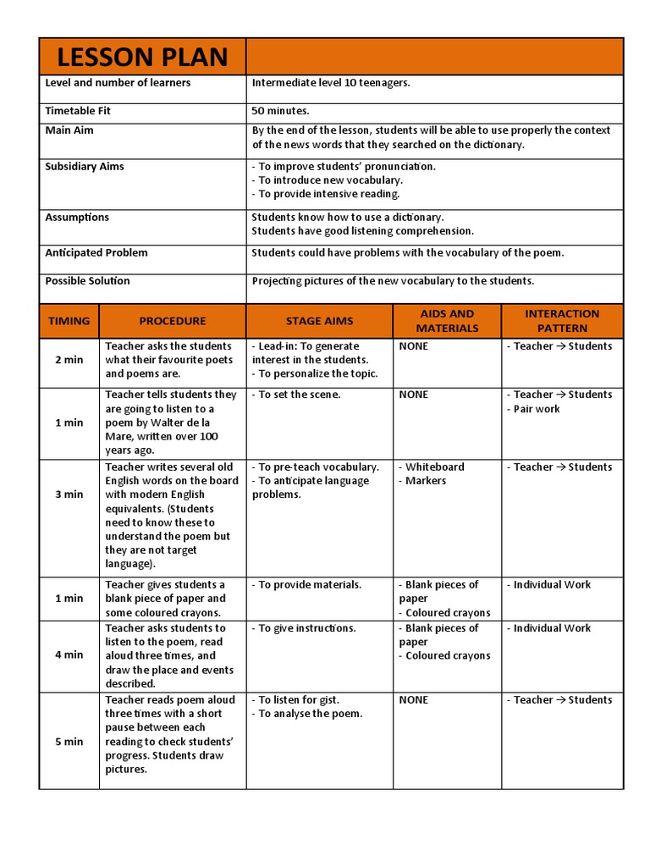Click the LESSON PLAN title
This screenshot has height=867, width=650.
142,57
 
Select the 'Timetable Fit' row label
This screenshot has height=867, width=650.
78,111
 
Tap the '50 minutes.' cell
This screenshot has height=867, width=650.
280,111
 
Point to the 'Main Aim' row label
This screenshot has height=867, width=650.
69,130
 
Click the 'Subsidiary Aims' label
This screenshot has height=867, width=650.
85,166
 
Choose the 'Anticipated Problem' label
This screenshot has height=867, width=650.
96,252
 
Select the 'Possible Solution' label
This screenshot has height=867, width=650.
87,280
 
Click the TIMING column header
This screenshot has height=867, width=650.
69,321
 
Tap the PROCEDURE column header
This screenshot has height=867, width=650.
173,321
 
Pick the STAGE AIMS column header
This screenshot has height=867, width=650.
319,321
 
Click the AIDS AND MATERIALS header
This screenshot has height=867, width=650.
447,321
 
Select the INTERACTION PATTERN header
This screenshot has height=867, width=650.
562,321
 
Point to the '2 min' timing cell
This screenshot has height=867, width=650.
69,360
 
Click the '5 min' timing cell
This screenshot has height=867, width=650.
69,742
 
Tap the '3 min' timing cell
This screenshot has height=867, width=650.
69,494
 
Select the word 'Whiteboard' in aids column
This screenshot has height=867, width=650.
434,467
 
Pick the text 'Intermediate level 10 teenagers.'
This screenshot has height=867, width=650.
330,83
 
